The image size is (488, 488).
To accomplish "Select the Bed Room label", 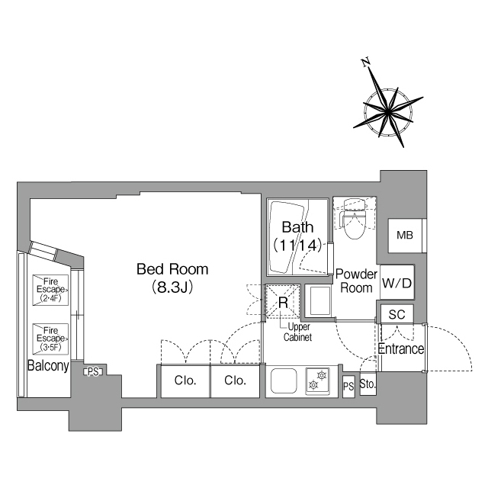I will click(x=172, y=269).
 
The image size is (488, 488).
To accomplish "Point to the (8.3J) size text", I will click(x=172, y=287).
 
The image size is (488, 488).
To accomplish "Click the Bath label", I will click(x=297, y=227).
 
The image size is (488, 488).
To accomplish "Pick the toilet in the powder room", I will click(x=353, y=221).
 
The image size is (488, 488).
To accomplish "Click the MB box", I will click(x=404, y=236).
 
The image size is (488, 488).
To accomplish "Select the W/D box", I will click(x=396, y=284).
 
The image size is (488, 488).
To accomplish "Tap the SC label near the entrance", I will click(x=396, y=314).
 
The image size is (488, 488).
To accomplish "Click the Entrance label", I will click(x=401, y=349).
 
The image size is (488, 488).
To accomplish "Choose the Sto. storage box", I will click(x=367, y=384).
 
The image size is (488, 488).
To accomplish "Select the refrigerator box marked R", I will click(x=282, y=301).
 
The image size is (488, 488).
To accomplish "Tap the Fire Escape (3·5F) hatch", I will click(x=50, y=336).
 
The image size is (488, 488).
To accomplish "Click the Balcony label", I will click(x=48, y=366).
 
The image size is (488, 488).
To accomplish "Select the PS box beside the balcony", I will click(x=93, y=371).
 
